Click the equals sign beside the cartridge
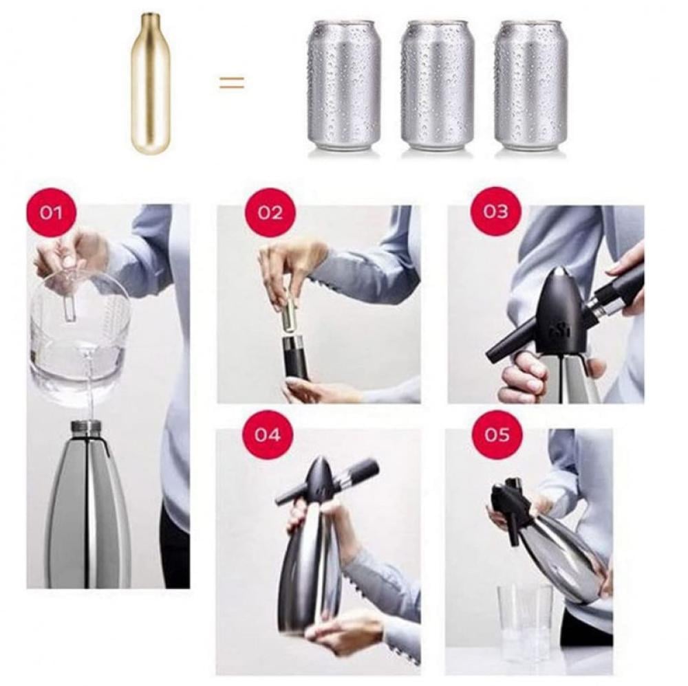click(x=232, y=82)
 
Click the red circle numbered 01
click(x=52, y=213)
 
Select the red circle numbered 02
click(x=270, y=213)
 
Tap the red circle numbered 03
click(x=496, y=212)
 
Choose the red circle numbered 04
click(x=268, y=435)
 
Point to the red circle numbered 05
click(x=497, y=435)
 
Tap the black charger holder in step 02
click(x=297, y=357)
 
